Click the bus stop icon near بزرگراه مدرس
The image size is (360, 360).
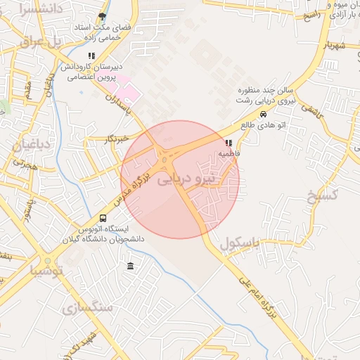click(x=103, y=219)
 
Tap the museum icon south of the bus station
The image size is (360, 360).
click(x=131, y=266)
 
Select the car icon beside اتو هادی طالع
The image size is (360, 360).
click(x=263, y=115)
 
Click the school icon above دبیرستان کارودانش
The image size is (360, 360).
click(x=91, y=56)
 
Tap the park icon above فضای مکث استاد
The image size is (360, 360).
click(x=103, y=16)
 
